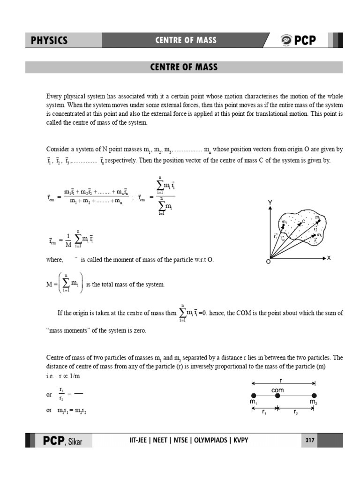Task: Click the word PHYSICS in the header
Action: [49, 40]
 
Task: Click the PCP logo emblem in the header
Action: [286, 40]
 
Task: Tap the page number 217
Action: [309, 441]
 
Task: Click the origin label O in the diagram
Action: [268, 262]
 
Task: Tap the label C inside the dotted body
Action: [303, 222]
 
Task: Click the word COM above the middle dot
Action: [277, 390]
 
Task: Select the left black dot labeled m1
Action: [254, 396]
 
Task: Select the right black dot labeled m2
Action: [314, 396]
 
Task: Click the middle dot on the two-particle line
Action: [277, 396]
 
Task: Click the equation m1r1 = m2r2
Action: [72, 411]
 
